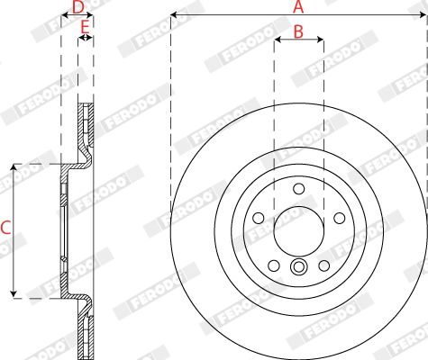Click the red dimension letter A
click(x=298, y=6)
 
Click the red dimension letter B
click(x=298, y=31)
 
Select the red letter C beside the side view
click(x=5, y=228)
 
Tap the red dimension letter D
click(x=77, y=7)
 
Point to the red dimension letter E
click(x=85, y=27)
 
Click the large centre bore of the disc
click(x=299, y=231)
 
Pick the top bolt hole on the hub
click(x=299, y=189)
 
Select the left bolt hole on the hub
click(x=259, y=218)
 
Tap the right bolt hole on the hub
click(x=340, y=218)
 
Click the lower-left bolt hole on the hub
click(x=274, y=265)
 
